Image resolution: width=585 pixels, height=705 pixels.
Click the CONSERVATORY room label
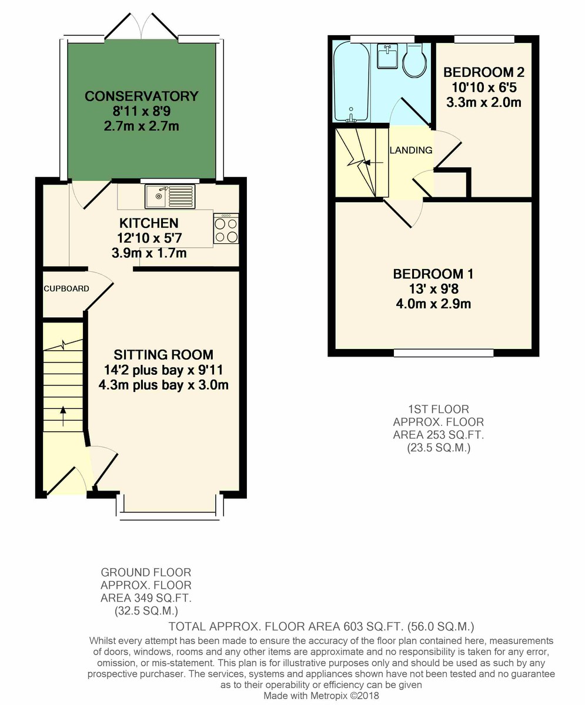141,96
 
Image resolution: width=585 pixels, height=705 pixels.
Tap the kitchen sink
170,196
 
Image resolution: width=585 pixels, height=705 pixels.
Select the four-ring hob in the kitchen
226,229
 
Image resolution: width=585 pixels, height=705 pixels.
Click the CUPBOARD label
66,288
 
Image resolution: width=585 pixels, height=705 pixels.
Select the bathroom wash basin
387,56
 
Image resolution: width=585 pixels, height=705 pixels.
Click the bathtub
352,82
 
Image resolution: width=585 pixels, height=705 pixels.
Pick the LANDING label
410,150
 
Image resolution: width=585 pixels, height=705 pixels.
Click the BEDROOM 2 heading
484,72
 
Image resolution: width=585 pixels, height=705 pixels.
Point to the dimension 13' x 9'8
433,288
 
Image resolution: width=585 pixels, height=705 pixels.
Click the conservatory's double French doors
141,28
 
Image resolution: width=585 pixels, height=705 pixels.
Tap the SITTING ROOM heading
163,354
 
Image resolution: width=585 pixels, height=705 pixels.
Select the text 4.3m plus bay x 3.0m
163,385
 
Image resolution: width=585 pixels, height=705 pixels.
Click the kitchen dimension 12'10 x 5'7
149,238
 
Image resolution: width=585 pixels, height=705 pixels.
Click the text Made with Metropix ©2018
321,696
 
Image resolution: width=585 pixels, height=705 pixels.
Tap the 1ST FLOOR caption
439,409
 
